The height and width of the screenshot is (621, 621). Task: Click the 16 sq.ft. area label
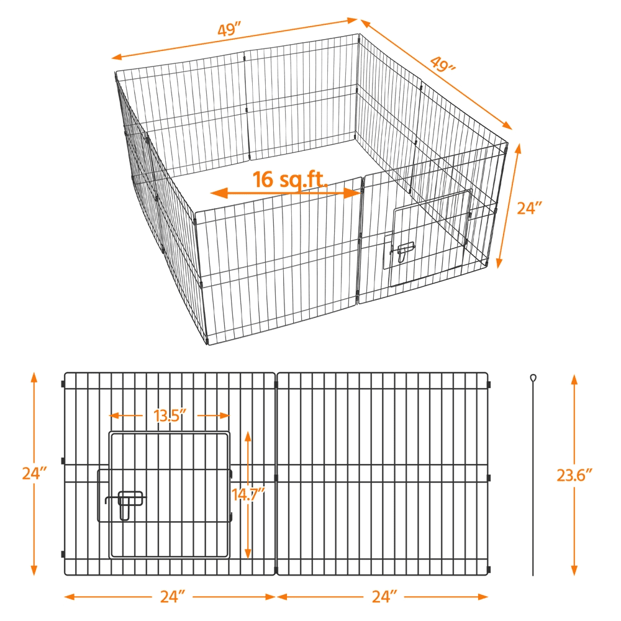coord(290,179)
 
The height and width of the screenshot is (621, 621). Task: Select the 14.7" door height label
coord(248,495)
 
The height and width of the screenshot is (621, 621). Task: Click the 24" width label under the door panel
coord(173,597)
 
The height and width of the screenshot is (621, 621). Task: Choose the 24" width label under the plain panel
coord(384,597)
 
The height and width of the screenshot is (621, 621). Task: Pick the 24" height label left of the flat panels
coord(35,473)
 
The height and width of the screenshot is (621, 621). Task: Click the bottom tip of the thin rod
coord(533,575)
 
